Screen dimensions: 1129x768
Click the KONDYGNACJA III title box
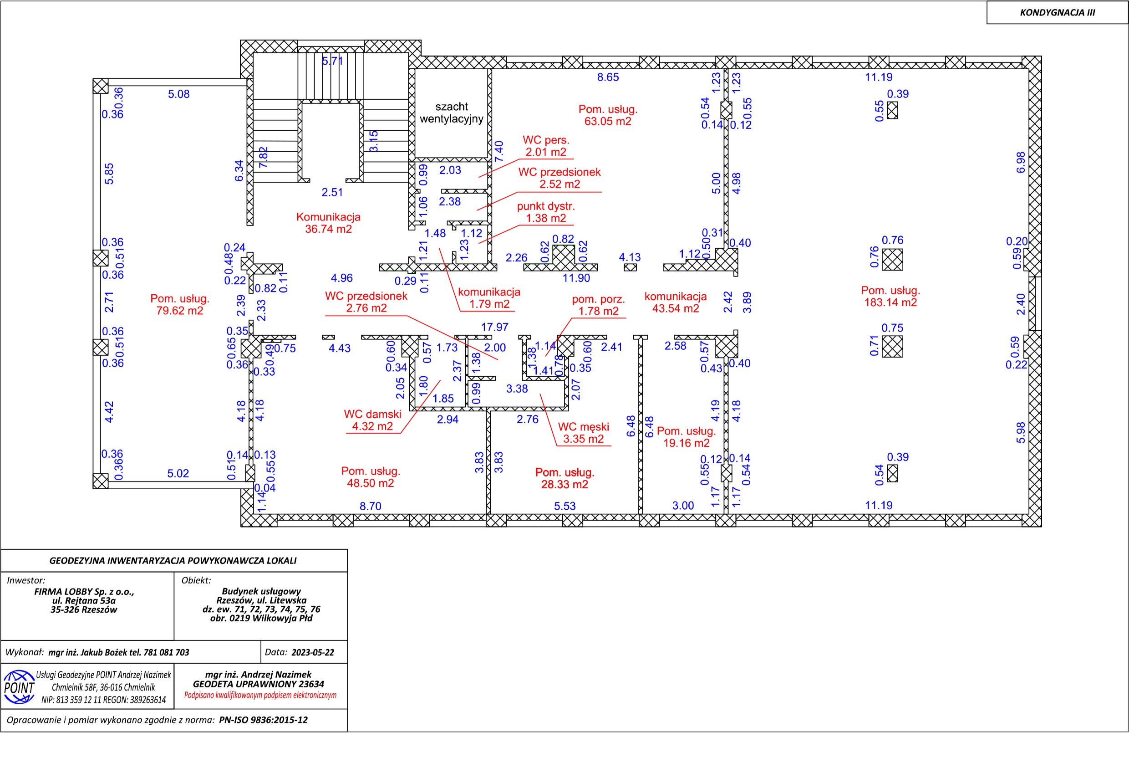pos(1057,12)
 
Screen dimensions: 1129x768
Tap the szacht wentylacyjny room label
pos(451,113)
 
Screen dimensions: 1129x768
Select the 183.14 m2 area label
pos(890,302)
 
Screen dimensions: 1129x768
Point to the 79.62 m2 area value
pos(180,311)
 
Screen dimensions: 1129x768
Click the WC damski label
pos(372,414)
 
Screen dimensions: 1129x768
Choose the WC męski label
pos(584,427)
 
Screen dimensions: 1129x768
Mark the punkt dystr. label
pos(546,206)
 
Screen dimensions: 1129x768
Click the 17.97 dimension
pos(494,327)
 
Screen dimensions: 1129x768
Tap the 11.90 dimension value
pos(576,278)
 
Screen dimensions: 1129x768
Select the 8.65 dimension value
pos(608,77)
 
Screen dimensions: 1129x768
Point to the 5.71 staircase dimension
pos(333,61)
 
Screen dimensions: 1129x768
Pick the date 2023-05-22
pos(313,652)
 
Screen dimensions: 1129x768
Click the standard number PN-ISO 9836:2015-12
pos(263,720)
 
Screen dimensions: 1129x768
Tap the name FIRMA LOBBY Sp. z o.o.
pos(84,592)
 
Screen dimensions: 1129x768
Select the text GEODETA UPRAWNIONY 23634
pos(259,684)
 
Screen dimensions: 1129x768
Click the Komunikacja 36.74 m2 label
pos(328,223)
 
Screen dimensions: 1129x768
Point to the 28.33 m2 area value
pos(564,485)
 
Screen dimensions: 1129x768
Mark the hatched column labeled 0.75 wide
pos(892,347)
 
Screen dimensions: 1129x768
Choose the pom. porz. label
pos(599,299)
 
